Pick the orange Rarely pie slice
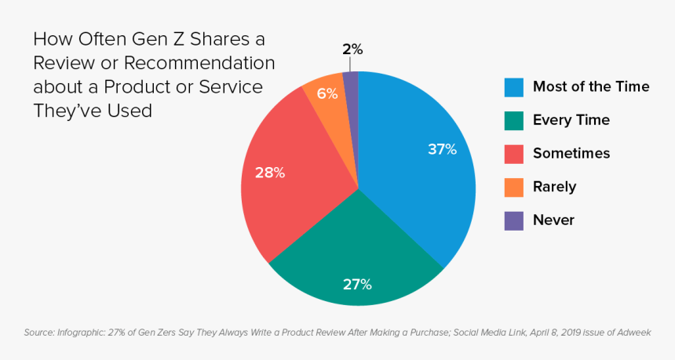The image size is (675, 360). tap(326, 98)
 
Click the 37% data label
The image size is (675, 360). tap(442, 149)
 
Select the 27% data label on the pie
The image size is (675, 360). tap(357, 284)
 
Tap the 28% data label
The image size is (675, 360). tap(269, 173)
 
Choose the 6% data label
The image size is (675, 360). tap(327, 93)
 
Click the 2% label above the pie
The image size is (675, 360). tap(352, 49)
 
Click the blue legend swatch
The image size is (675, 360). tap(513, 86)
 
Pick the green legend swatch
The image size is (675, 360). tap(513, 120)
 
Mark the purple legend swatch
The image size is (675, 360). tap(513, 220)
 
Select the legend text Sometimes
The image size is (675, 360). tap(571, 154)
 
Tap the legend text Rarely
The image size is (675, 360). tap(554, 187)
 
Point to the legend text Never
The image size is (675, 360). tap(553, 220)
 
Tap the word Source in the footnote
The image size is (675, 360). tap(38, 333)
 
